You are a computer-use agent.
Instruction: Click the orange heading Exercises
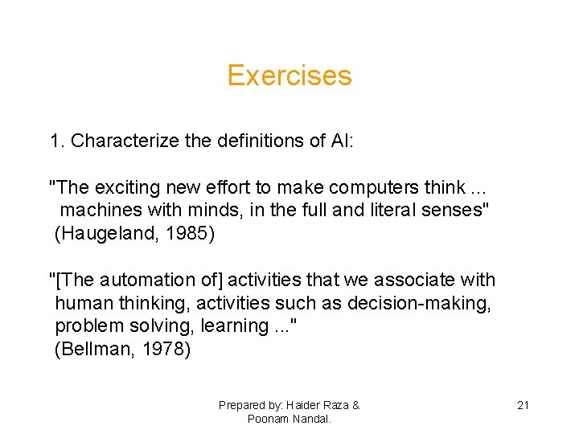pyautogui.click(x=289, y=76)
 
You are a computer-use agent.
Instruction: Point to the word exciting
pyautogui.click(x=127, y=188)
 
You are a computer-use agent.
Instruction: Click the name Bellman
pyautogui.click(x=90, y=349)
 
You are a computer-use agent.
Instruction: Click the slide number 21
pyautogui.click(x=523, y=405)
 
